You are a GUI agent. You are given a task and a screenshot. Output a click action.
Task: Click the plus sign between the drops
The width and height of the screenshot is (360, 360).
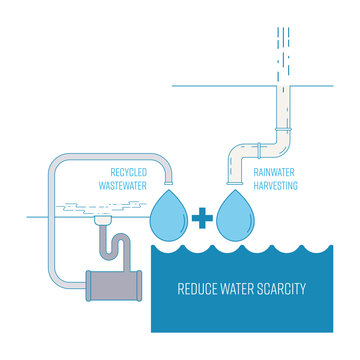[202, 214]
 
